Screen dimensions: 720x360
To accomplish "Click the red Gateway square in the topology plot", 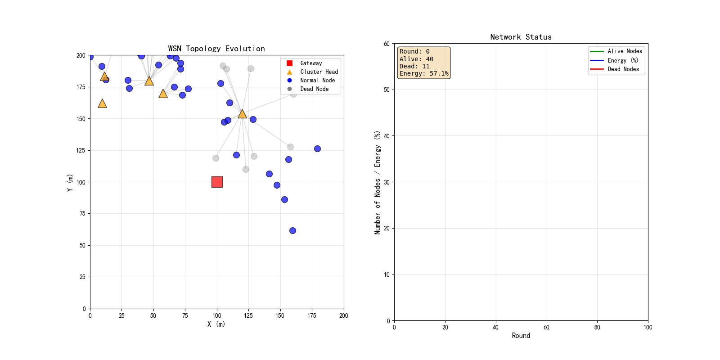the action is point(217,182).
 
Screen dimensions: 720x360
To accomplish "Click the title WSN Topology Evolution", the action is point(216,49).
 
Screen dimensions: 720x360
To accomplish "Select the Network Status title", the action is point(521,37).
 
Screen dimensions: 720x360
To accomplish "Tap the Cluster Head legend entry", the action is point(312,72).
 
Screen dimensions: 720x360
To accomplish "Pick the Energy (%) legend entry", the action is point(614,60).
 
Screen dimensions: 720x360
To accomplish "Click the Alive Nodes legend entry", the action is point(616,51).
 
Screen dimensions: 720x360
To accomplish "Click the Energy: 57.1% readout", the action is point(423,74).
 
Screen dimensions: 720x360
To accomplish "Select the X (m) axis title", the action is point(216,324).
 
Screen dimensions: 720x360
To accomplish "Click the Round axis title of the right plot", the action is point(521,336).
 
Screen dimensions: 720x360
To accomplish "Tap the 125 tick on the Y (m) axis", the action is point(81,150).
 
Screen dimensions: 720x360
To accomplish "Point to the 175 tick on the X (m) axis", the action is point(312,315).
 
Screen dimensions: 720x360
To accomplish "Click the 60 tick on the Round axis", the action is point(546,327).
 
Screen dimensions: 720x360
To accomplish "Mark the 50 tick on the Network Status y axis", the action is point(387,90).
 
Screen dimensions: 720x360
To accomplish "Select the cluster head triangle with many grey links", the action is point(242,114).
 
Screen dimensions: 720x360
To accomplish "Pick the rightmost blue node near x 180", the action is point(317,148).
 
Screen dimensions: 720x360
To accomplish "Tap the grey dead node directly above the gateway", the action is point(216,158).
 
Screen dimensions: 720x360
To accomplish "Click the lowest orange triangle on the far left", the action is point(102,103).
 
